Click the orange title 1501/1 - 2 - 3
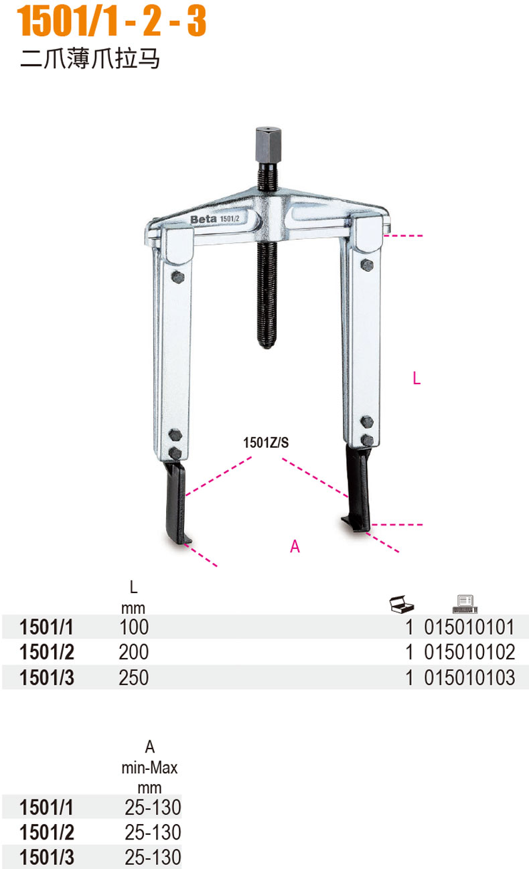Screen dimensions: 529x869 [111, 21]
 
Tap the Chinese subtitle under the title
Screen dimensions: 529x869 [90, 58]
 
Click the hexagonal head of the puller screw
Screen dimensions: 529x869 [268, 145]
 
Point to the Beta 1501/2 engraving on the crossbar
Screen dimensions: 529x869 [215, 219]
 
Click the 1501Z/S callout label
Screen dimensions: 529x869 [266, 443]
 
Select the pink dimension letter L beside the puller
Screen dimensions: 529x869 [417, 378]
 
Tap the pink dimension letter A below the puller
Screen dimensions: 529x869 [295, 546]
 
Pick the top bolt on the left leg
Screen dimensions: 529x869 [177, 277]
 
